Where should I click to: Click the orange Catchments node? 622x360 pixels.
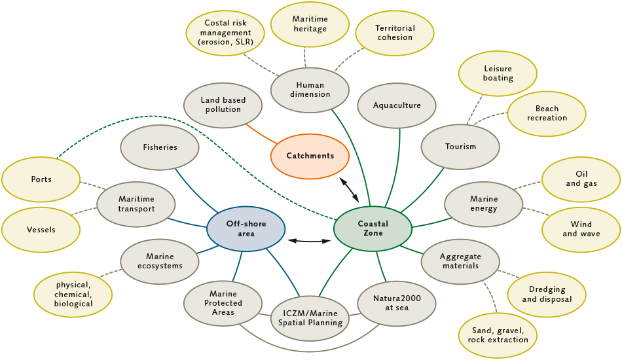point(310,156)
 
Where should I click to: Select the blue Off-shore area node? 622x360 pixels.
point(246,228)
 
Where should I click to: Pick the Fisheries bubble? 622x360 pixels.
point(160,148)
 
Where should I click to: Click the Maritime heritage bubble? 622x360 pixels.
point(309,24)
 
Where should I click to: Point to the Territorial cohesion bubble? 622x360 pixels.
point(394,33)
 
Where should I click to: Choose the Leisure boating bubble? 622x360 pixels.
point(498,73)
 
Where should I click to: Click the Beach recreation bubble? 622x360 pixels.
point(547,113)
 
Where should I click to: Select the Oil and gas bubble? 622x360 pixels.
point(581,179)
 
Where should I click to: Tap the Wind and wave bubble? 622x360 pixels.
point(581,229)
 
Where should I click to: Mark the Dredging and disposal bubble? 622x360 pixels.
point(547,295)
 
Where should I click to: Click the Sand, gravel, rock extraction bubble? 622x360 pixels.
point(499,335)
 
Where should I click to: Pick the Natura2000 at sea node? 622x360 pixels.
point(397,303)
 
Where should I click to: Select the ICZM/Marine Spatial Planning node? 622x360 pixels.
point(309,317)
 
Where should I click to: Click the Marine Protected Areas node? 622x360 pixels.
point(223,303)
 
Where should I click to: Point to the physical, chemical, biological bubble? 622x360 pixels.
point(73,295)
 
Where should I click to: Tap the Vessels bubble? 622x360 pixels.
point(41,230)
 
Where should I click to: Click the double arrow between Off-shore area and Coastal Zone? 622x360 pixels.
point(310,241)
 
